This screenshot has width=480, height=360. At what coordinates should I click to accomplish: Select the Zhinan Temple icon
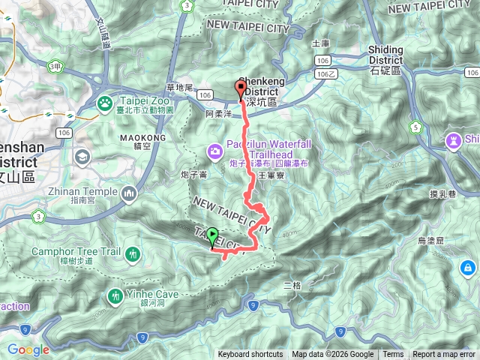pyautogui.click(x=128, y=195)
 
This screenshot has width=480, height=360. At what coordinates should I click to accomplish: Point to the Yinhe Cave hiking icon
pyautogui.click(x=115, y=295)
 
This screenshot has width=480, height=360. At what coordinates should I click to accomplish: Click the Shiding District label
pyautogui.click(x=386, y=55)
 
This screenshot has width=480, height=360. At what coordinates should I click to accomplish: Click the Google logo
pyautogui.click(x=28, y=349)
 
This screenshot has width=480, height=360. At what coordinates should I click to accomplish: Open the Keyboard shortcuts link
pyautogui.click(x=250, y=355)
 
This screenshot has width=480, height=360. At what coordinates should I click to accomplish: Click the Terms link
pyautogui.click(x=393, y=355)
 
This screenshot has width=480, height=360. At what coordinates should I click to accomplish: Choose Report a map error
pyautogui.click(x=444, y=355)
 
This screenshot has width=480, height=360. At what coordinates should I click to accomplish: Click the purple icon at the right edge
pyautogui.click(x=454, y=140)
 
